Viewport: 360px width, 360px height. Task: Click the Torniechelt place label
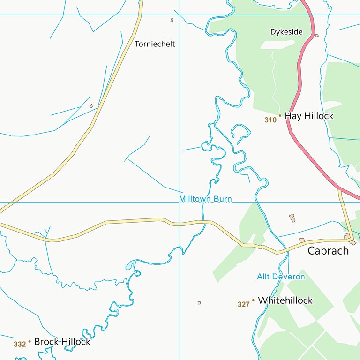[155, 44]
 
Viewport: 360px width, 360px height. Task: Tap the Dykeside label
[286, 32]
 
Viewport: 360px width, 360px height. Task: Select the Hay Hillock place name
[309, 116]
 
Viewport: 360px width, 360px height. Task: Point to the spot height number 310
[270, 120]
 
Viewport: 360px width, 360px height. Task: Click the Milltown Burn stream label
[205, 199]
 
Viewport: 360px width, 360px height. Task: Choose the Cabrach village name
[328, 251]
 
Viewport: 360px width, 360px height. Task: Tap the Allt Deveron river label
[281, 277]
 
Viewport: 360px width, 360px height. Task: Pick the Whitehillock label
[285, 300]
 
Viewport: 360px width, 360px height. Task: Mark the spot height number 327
[243, 305]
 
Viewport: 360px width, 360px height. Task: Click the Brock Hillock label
[62, 342]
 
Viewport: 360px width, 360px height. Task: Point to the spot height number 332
[20, 345]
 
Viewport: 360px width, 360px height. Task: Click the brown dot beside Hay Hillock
[280, 115]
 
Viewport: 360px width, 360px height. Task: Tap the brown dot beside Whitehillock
[253, 300]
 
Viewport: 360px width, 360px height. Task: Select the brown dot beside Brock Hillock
[30, 341]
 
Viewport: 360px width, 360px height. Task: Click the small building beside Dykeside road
[317, 35]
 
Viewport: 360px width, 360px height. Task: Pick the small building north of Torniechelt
[172, 20]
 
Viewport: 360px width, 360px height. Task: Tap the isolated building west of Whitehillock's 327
[199, 303]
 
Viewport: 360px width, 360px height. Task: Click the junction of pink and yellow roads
[339, 188]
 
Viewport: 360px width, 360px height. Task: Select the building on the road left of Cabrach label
[302, 240]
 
